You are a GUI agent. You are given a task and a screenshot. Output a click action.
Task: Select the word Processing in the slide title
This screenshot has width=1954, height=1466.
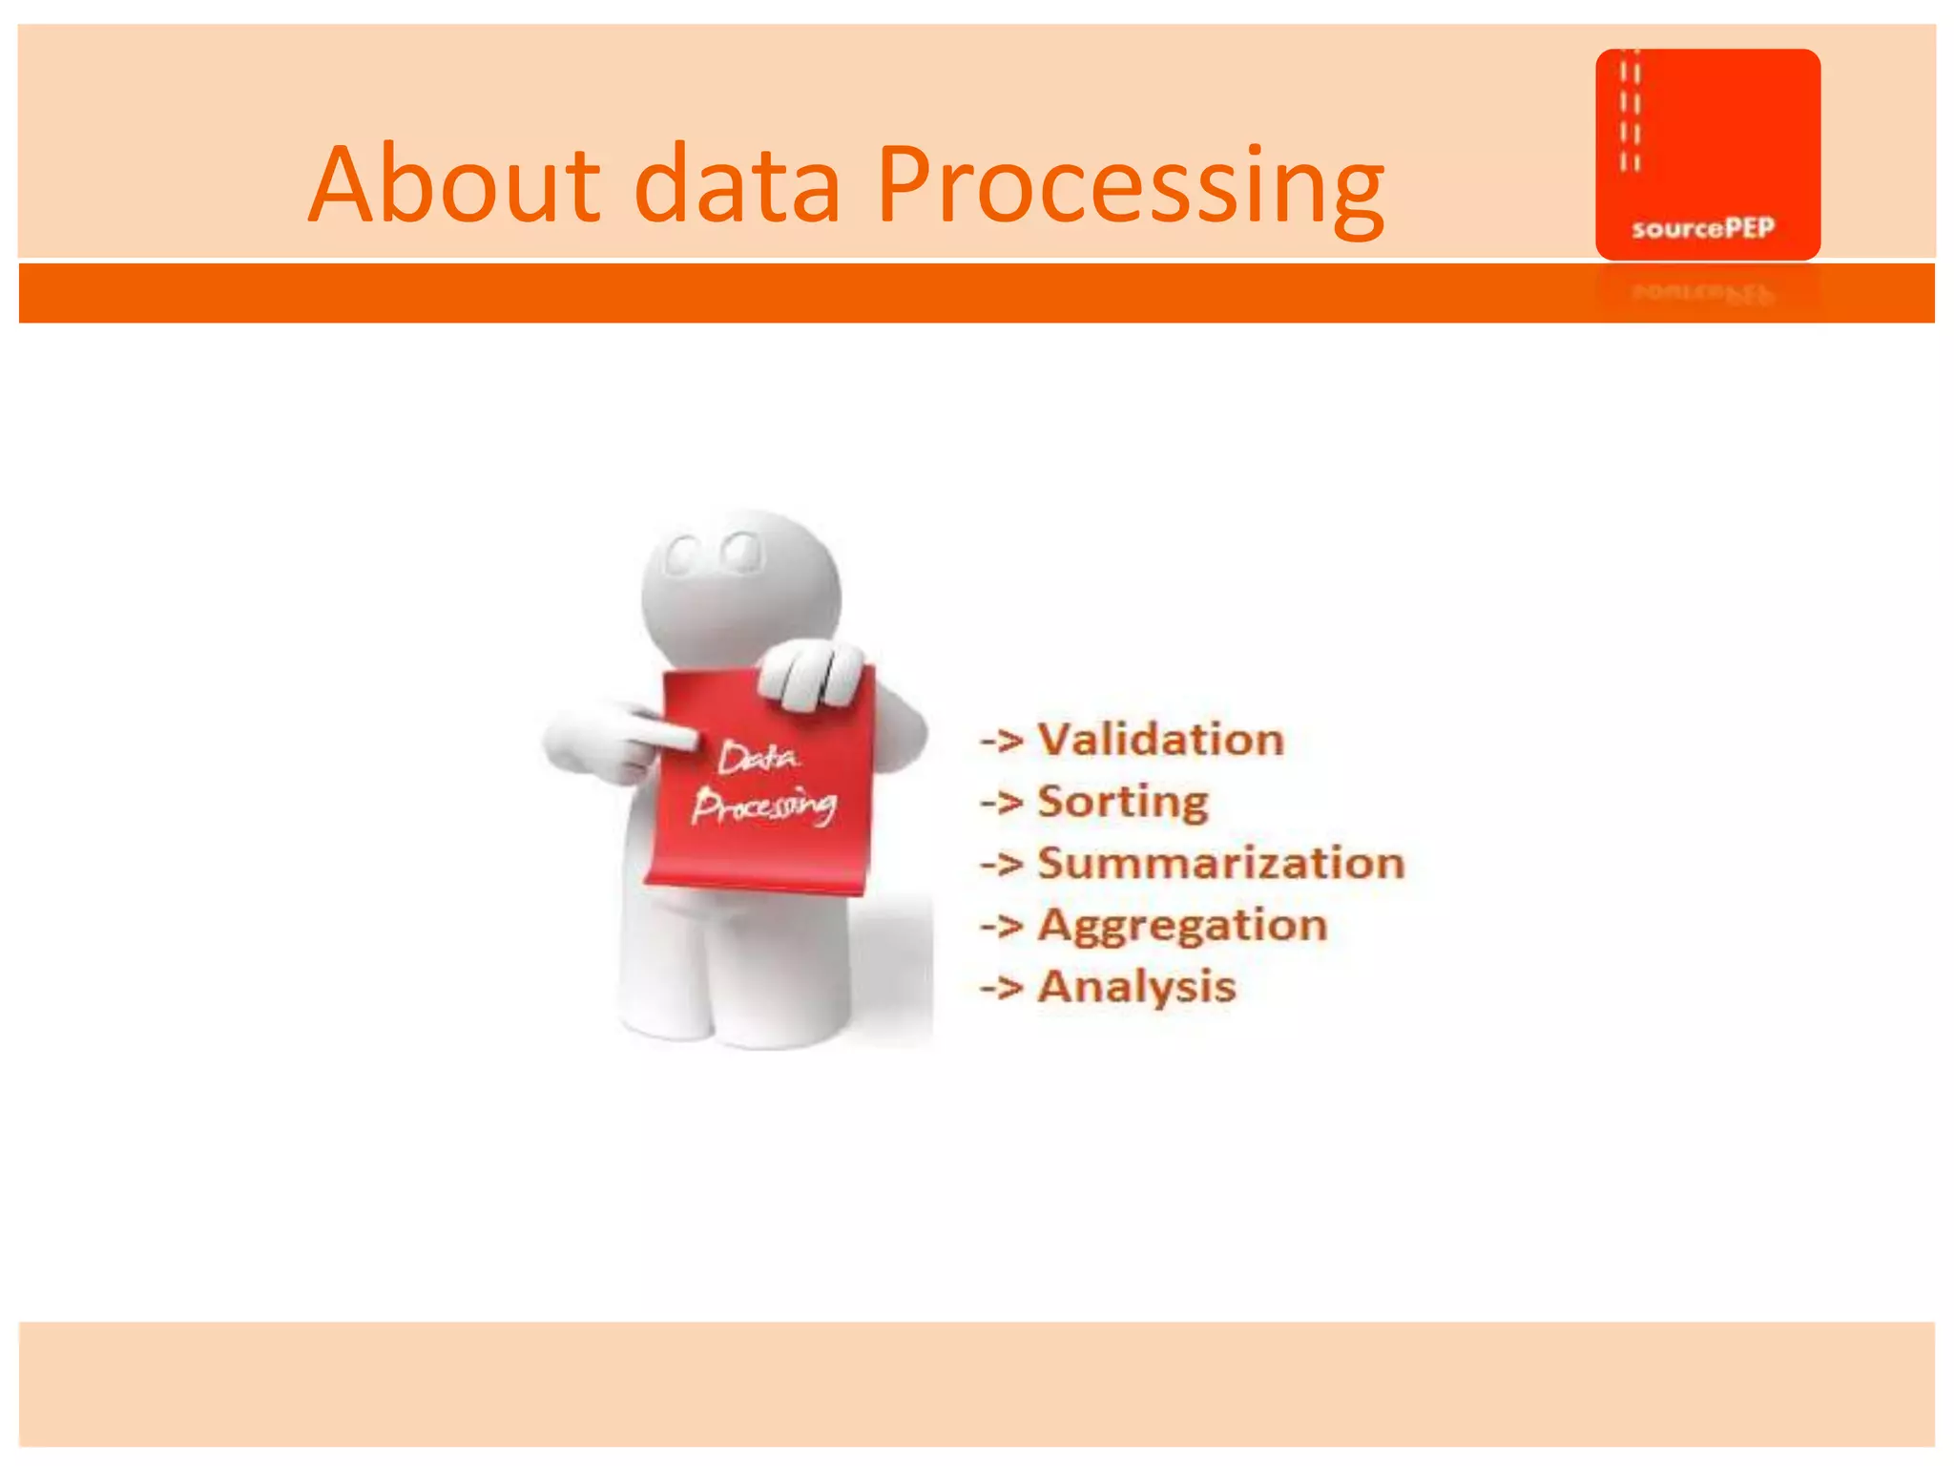pos(1130,186)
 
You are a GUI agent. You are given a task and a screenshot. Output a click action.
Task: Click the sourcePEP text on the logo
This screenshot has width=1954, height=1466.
pos(1703,228)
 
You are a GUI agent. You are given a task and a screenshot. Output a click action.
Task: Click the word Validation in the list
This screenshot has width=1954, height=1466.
pos(1161,740)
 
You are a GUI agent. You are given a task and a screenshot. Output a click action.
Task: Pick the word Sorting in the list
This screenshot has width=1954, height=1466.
pos(1123,802)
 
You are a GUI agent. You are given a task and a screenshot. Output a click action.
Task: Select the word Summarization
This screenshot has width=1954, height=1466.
pos(1221,863)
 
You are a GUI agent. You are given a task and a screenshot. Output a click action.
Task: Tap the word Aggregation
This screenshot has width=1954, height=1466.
pos(1183,926)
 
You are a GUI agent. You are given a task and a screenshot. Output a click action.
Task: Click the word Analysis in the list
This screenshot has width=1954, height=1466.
pos(1136,987)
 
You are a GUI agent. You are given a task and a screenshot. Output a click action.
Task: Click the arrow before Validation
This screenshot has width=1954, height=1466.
pos(1002,740)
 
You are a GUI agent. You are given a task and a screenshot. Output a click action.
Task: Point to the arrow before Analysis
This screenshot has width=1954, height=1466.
pos(1002,987)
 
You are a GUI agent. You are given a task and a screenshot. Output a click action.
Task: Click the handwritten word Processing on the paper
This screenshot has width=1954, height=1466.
pos(763,806)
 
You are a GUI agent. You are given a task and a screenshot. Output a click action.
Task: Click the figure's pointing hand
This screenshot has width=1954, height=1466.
pos(611,740)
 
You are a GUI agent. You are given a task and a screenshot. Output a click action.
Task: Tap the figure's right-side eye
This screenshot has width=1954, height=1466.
pos(740,552)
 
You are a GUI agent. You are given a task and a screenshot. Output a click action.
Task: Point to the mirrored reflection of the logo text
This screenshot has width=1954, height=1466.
pos(1703,292)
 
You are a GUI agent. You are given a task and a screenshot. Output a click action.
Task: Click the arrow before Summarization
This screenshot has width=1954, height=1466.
pos(1002,863)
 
